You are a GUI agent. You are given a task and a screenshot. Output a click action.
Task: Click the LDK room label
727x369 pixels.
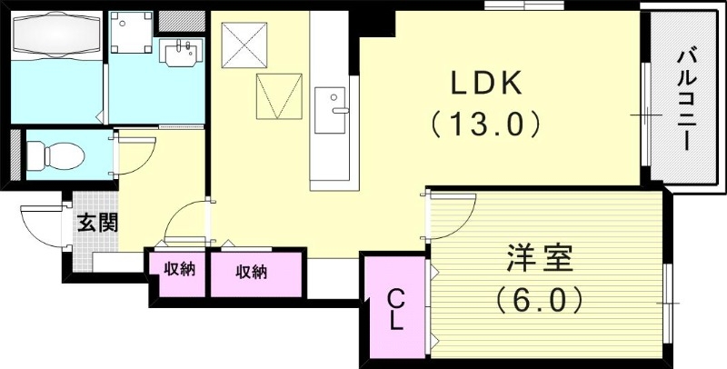click(486, 85)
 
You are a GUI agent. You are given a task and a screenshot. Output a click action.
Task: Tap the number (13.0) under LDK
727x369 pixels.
click(487, 123)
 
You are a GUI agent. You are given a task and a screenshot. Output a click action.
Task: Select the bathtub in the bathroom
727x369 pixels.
click(56, 40)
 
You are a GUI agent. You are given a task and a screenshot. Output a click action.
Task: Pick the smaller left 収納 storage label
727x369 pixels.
click(179, 270)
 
